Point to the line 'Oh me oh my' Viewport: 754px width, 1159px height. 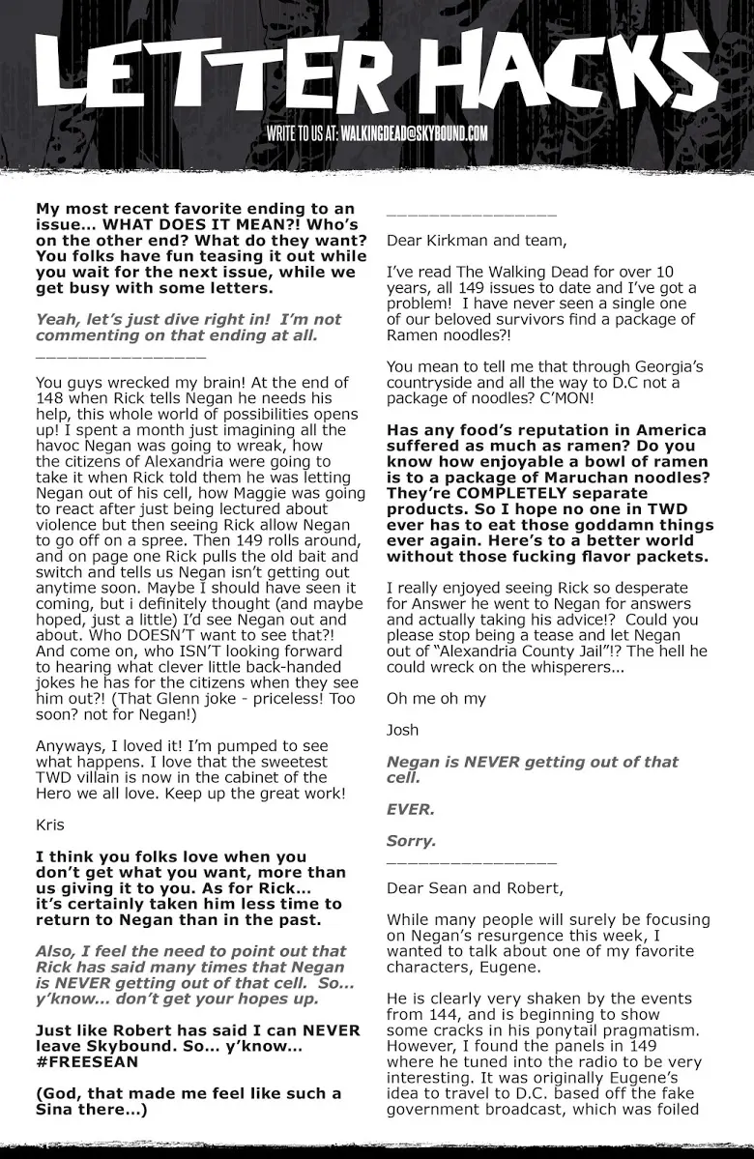(x=436, y=698)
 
